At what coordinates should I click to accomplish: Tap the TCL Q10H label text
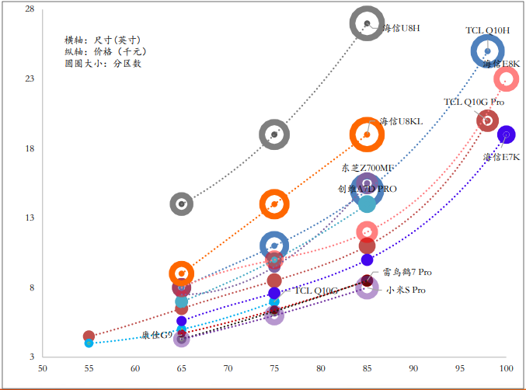[x=487, y=30]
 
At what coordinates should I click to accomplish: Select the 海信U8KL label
[x=401, y=122]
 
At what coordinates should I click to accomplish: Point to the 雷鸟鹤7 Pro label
[x=407, y=273]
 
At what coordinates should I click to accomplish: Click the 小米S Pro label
[x=406, y=290]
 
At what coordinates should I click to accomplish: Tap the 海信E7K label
[x=501, y=157]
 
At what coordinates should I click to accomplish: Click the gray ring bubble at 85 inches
[x=368, y=23]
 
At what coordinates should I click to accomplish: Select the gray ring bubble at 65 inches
[x=182, y=204]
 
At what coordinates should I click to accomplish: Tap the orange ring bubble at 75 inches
[x=274, y=204]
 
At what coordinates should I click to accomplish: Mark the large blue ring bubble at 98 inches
[x=488, y=51]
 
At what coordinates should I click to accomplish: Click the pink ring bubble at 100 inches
[x=507, y=78]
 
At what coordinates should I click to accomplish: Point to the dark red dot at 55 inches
[x=89, y=336]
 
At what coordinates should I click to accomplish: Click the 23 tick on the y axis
[x=30, y=79]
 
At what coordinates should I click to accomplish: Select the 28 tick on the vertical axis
[x=30, y=9]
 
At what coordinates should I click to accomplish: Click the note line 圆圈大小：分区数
[x=103, y=64]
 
